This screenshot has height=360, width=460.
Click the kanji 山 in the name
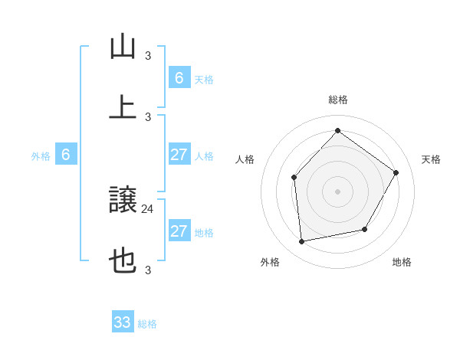[123, 48]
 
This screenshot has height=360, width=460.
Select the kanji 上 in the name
[123, 106]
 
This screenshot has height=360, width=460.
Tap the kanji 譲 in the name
[123, 201]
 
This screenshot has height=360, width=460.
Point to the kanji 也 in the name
[123, 262]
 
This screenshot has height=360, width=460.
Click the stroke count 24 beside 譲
[148, 208]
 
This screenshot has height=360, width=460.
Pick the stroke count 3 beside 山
[148, 55]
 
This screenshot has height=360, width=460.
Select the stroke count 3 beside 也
[148, 270]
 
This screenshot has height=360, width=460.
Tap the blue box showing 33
[123, 322]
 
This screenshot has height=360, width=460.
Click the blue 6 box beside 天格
[179, 78]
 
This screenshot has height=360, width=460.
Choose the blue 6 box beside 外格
[66, 155]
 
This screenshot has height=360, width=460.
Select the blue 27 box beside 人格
[179, 155]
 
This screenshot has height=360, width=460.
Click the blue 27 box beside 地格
[179, 231]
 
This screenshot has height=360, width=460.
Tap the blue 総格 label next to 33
[147, 324]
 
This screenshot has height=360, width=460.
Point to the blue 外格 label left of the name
[41, 156]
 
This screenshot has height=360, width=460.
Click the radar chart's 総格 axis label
[337, 100]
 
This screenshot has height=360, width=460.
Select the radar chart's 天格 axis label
[431, 159]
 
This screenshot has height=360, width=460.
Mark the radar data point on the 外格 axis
[302, 242]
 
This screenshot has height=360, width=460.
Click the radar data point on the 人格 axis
[294, 178]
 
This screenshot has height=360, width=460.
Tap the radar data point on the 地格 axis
[365, 229]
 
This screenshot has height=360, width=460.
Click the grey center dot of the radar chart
[337, 191]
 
